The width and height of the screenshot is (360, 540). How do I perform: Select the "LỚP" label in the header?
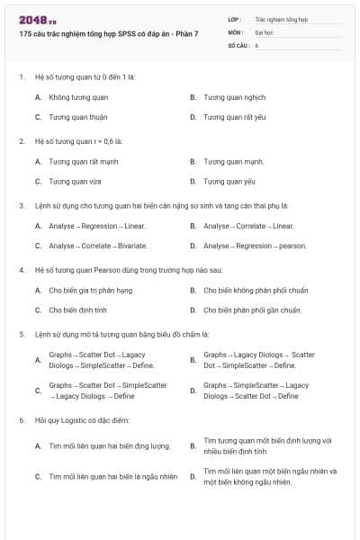235,18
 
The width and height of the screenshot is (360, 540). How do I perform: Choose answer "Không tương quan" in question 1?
78,96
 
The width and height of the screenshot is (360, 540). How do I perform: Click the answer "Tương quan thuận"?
77,117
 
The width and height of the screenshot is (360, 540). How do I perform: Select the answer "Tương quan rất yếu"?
235,117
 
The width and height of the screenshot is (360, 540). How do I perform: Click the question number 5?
21,334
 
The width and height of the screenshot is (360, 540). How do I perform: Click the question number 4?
21,269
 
